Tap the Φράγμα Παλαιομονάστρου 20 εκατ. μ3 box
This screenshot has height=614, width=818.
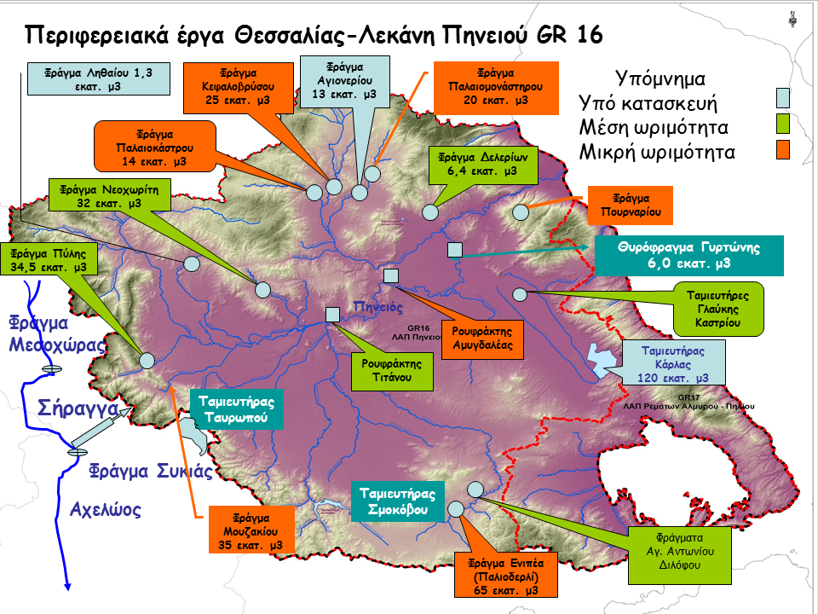click(x=495, y=86)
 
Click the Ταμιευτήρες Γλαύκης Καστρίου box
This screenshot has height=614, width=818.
click(x=719, y=310)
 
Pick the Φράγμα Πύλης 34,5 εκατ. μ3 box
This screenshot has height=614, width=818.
click(x=49, y=260)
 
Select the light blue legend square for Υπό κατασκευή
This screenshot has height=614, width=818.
click(x=783, y=96)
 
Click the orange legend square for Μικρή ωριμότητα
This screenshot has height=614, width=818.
click(x=783, y=151)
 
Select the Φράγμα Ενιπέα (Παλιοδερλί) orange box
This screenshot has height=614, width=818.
click(x=508, y=576)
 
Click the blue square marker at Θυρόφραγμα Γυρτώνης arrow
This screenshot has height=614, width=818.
click(x=455, y=250)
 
